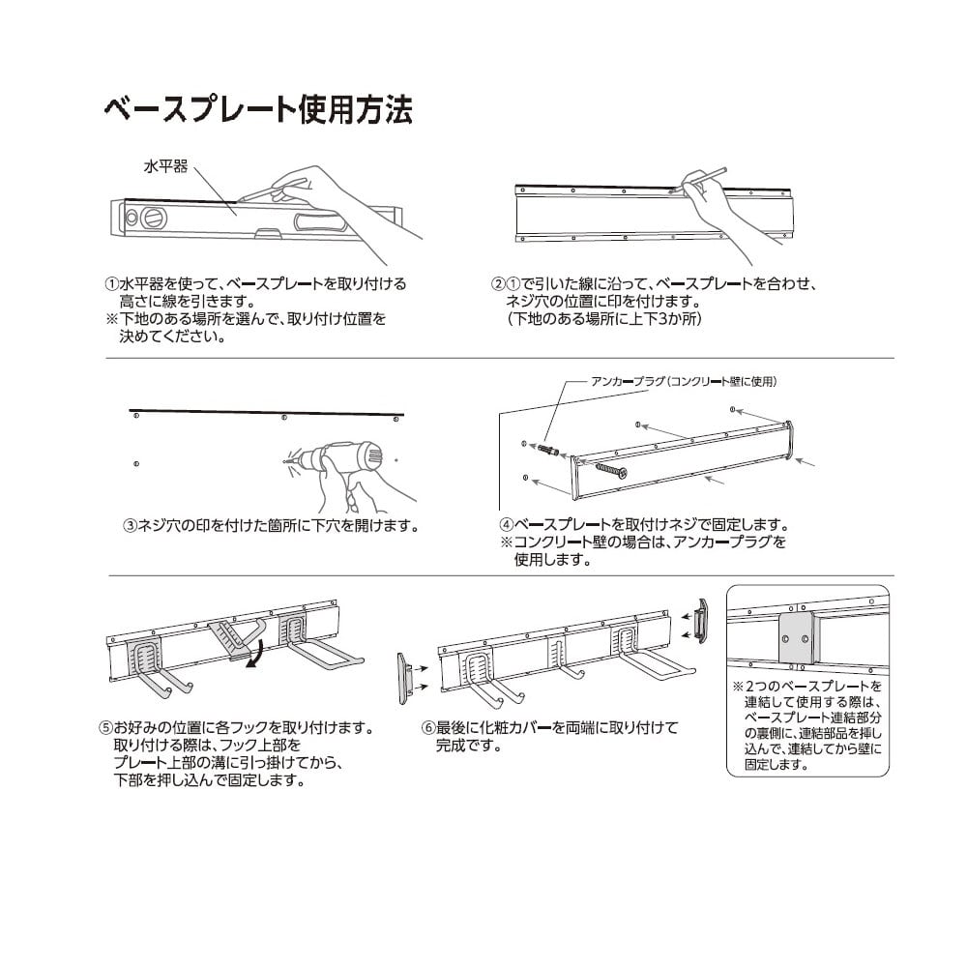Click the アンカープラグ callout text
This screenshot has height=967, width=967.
[x=685, y=382]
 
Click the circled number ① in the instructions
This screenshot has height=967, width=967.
[x=110, y=286]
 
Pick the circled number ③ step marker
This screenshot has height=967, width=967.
[x=129, y=527]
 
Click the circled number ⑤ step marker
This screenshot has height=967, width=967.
[x=105, y=727]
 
